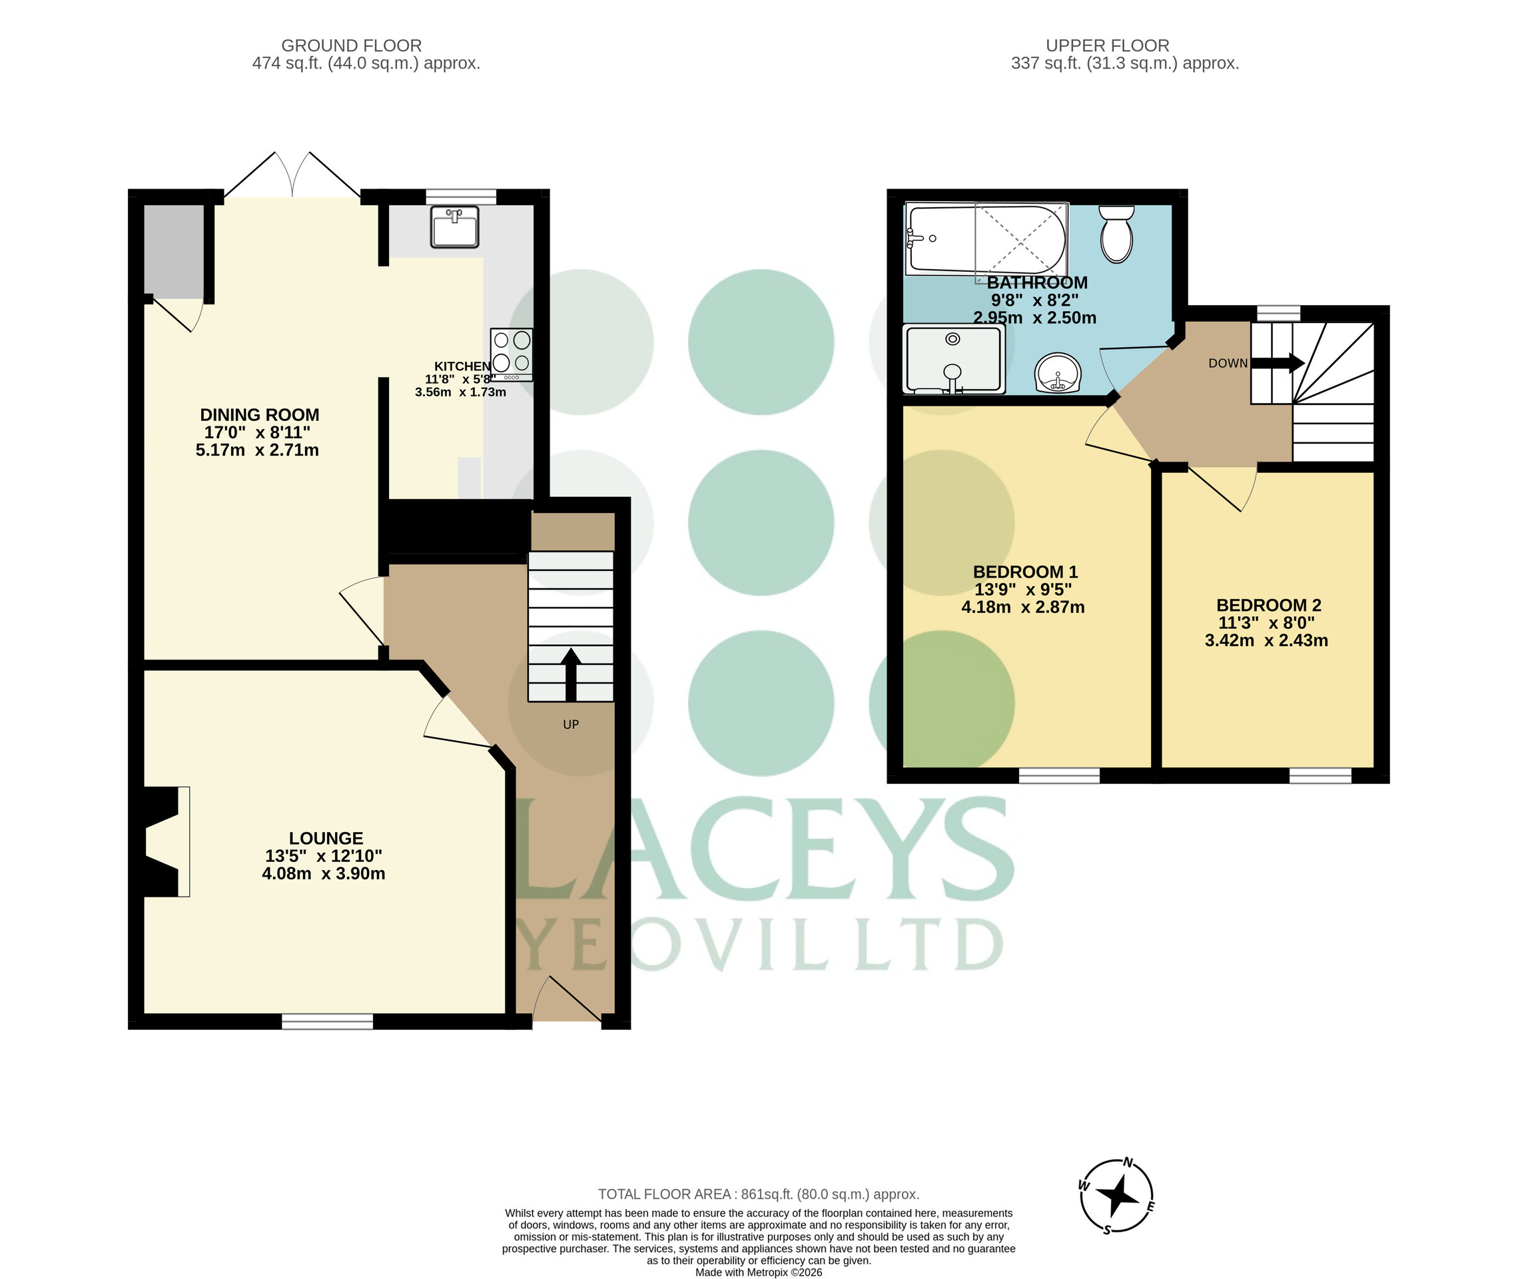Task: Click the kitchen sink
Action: (454, 226)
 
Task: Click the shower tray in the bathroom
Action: (954, 358)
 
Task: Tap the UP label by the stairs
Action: (571, 724)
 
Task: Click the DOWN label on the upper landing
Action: (1228, 363)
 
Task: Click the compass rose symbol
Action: (1117, 1196)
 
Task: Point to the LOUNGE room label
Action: (326, 838)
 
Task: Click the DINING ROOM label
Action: (260, 415)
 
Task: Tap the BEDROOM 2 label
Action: (1269, 606)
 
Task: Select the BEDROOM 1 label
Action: (1025, 572)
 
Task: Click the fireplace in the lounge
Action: (161, 842)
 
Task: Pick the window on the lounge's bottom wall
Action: (327, 1021)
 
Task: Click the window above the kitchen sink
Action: (461, 197)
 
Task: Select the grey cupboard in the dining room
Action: (173, 252)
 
